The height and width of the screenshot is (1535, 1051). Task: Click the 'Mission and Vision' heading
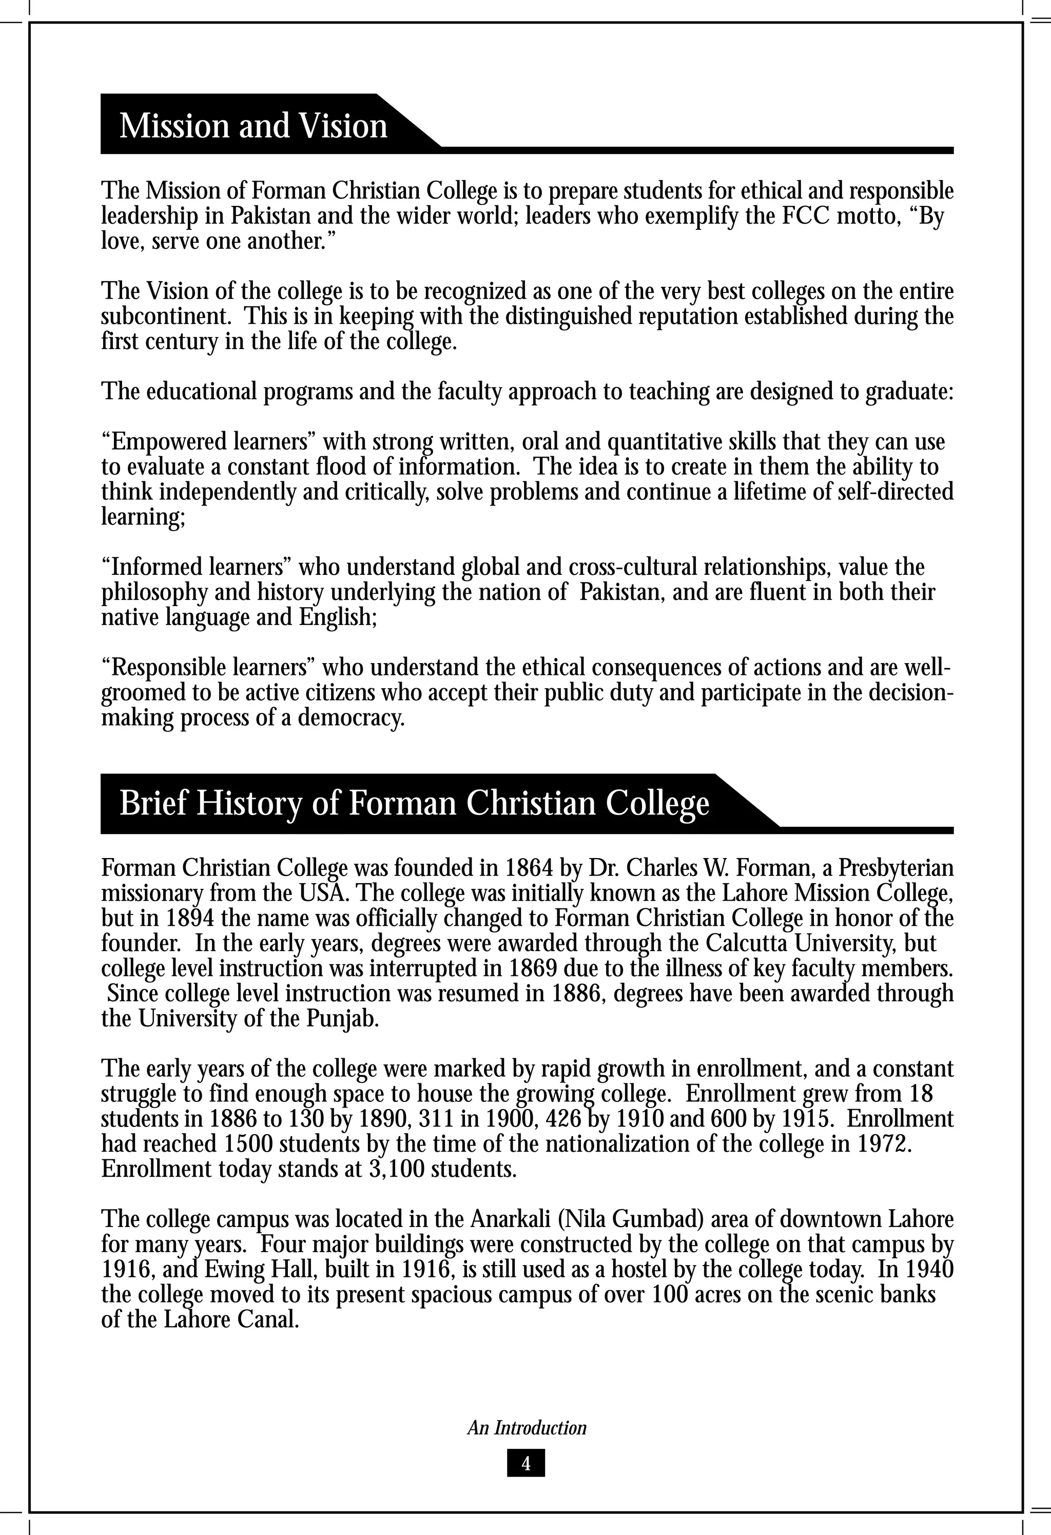(253, 126)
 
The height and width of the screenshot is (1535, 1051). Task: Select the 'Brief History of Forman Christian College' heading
(414, 804)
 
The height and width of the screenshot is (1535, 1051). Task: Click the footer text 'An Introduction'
(527, 1428)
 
